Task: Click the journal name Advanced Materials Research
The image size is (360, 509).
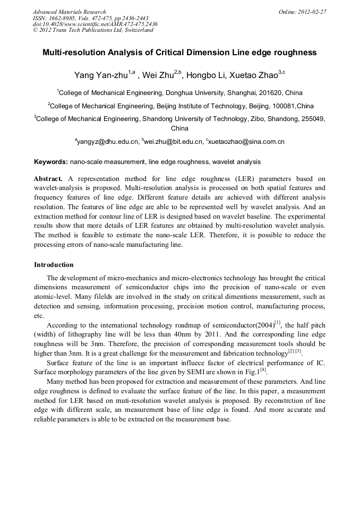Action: point(69,12)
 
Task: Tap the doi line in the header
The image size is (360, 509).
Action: point(95,24)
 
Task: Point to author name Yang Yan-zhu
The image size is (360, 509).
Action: point(101,75)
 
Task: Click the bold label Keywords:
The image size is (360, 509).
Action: point(51,161)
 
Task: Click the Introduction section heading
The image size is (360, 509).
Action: point(54,264)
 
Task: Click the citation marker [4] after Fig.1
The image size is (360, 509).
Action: point(263,370)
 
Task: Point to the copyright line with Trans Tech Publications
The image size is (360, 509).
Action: point(93,31)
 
